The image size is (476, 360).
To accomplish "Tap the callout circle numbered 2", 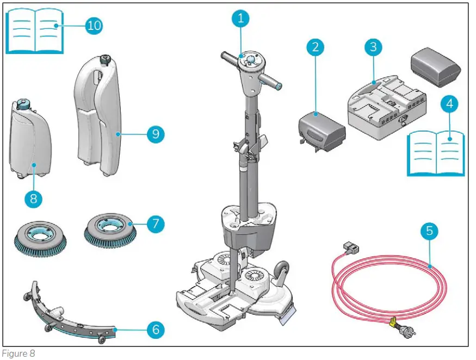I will point(314,47).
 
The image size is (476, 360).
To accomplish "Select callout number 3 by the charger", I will point(373,46).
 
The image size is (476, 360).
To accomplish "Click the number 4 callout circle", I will point(450,104).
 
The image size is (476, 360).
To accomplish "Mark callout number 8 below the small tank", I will point(33,198).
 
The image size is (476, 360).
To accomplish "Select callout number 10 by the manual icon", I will point(94,25).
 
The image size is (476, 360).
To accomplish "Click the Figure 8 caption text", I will point(18,353).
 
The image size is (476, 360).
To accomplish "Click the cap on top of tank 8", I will point(23,103).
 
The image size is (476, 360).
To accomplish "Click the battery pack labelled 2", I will point(322,128).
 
